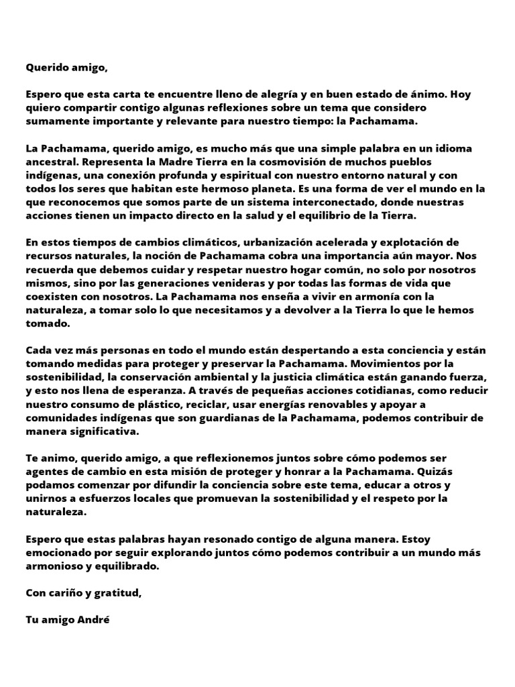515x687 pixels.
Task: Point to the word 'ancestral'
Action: tap(49, 161)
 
